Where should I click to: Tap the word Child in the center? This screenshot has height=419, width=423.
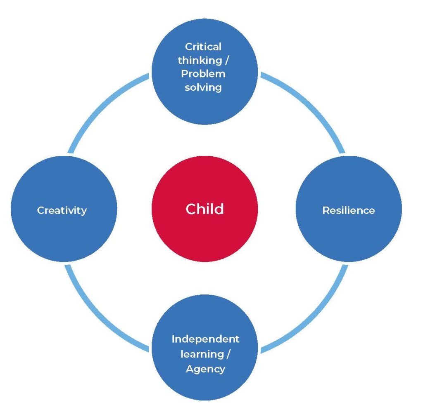coord(205,209)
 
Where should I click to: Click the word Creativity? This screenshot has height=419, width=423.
coord(62,210)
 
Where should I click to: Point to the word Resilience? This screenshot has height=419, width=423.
coord(349,210)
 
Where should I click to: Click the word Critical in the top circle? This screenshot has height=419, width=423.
coord(203,47)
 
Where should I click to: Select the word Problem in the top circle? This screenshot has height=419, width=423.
coord(203,74)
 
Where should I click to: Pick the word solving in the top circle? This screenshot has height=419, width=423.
coord(203,87)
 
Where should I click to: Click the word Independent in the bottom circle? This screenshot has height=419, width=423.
coord(205,339)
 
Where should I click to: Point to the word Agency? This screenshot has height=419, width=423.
coord(205,369)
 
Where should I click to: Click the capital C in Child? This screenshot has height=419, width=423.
coord(190,209)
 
